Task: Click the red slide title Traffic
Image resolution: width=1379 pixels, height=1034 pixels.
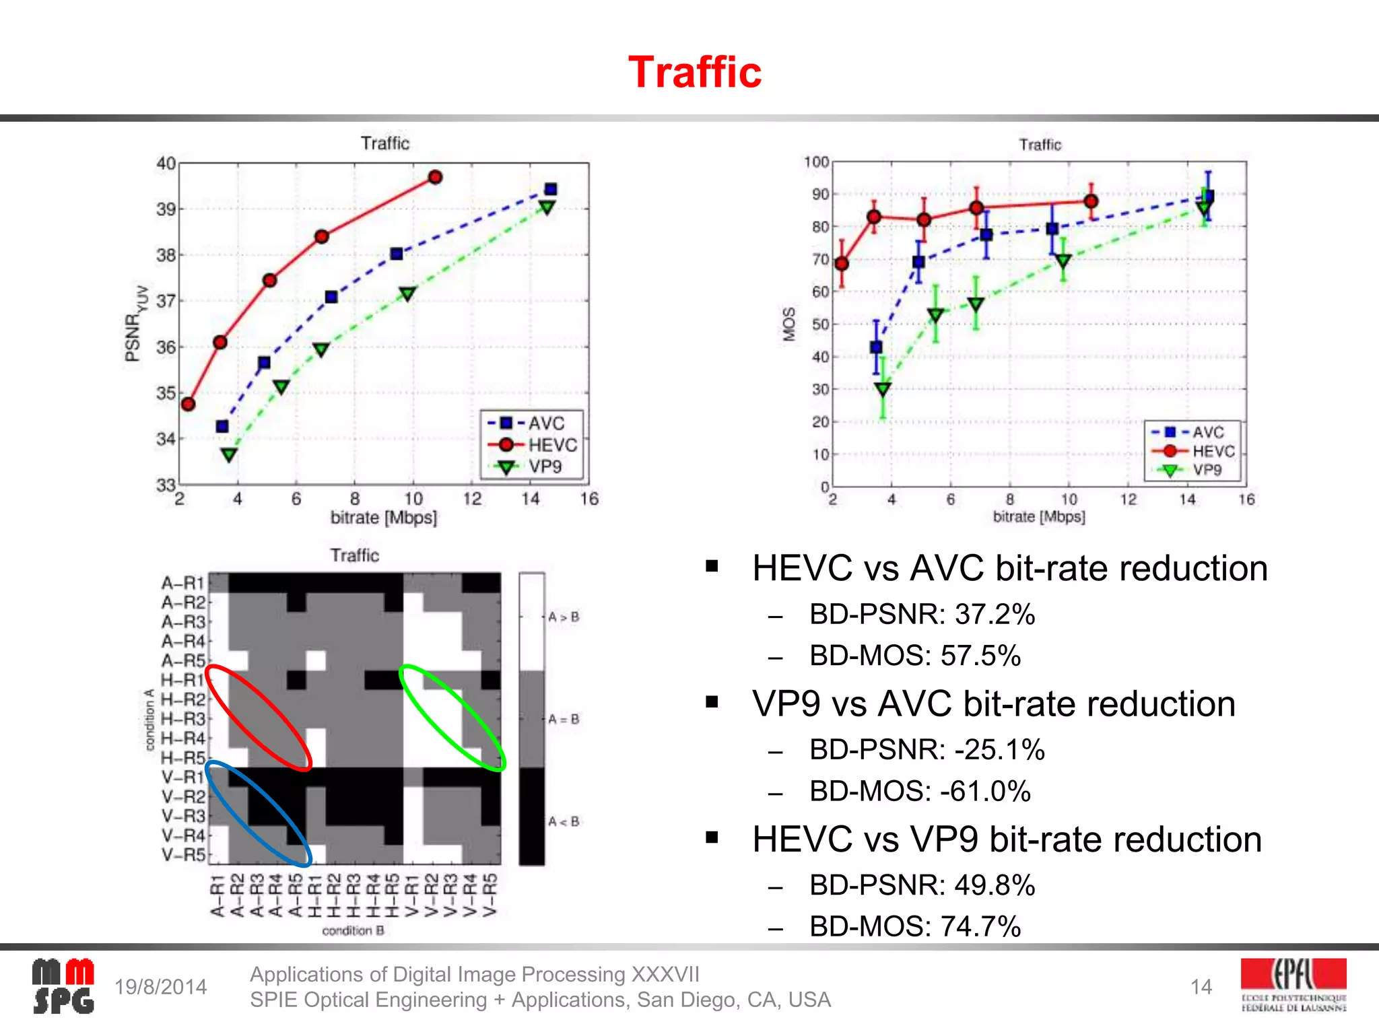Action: (x=694, y=72)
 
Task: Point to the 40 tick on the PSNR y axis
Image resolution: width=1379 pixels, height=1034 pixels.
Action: (x=166, y=164)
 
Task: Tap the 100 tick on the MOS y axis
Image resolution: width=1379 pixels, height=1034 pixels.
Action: (x=816, y=162)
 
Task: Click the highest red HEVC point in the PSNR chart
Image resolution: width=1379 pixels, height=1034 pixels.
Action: (x=435, y=177)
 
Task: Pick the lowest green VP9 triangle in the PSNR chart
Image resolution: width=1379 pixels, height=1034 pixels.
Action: (x=229, y=455)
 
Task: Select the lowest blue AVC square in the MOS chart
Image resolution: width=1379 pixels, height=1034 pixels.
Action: (x=876, y=347)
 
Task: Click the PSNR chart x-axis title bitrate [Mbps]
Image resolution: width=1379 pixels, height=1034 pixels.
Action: (x=383, y=518)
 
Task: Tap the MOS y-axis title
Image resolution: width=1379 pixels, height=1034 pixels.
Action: (x=789, y=324)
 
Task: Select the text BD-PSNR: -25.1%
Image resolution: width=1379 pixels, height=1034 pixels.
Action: (x=927, y=749)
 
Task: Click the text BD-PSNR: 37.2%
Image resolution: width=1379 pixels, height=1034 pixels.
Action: (x=922, y=614)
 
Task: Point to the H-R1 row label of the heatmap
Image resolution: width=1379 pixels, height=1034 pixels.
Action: (x=182, y=680)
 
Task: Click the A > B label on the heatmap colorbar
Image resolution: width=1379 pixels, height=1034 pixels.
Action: (x=564, y=617)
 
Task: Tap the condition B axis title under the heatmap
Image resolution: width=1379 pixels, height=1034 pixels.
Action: (x=353, y=930)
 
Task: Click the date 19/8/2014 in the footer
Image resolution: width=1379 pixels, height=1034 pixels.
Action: (x=160, y=987)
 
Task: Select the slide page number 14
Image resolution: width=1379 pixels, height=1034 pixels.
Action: (x=1201, y=987)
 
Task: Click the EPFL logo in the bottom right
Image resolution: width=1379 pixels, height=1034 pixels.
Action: (x=1293, y=985)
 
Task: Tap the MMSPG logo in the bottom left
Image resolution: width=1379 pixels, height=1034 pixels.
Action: (x=63, y=986)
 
